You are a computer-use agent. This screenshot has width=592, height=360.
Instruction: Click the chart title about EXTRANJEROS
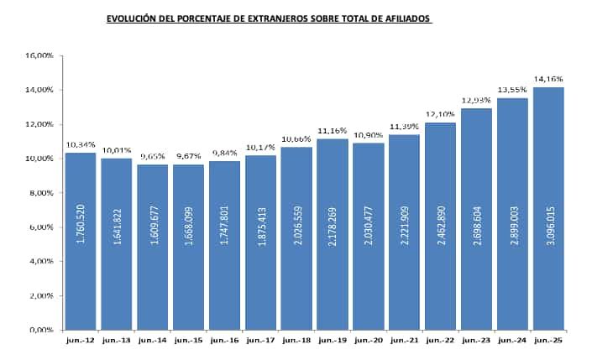(269, 18)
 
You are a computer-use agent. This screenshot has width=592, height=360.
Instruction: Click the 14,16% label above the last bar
(547, 79)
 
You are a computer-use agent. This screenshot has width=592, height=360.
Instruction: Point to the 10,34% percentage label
(81, 144)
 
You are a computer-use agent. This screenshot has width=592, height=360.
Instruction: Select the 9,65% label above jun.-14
(153, 156)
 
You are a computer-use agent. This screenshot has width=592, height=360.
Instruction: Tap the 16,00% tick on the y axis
(40, 55)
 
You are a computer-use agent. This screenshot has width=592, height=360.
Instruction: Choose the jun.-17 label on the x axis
(261, 341)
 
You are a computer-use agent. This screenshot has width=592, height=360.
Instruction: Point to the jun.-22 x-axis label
(441, 341)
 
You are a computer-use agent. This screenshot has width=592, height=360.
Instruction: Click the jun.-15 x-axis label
(189, 341)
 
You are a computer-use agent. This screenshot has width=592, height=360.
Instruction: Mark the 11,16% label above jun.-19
(333, 131)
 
